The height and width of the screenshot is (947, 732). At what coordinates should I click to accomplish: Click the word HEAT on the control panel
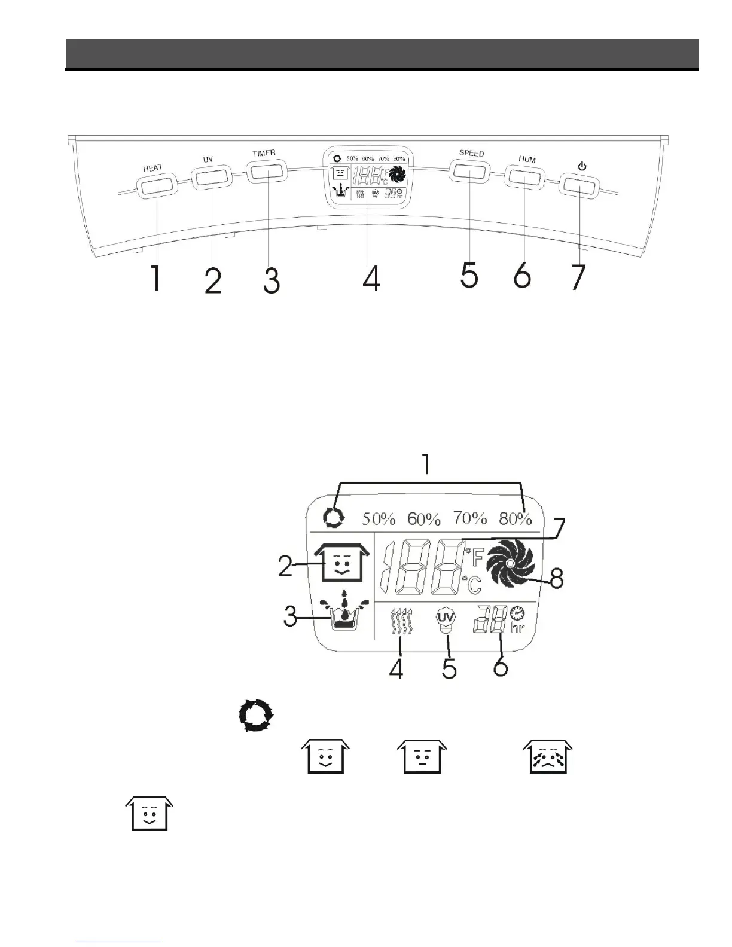(x=152, y=168)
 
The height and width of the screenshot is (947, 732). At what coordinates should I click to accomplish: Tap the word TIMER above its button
(x=264, y=153)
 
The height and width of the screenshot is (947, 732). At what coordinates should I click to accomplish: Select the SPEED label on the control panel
(x=471, y=153)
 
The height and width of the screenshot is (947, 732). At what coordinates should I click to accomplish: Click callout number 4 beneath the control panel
(x=371, y=277)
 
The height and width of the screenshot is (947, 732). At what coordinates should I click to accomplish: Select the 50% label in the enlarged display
(x=379, y=518)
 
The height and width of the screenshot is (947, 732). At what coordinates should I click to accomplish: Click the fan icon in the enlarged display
(x=510, y=564)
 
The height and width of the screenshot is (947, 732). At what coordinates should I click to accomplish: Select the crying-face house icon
(x=548, y=756)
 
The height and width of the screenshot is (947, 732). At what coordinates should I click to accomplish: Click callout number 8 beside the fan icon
(x=556, y=578)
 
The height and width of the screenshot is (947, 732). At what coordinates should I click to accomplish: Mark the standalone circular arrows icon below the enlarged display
(x=256, y=716)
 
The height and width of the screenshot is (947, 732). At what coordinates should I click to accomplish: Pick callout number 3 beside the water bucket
(x=291, y=616)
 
